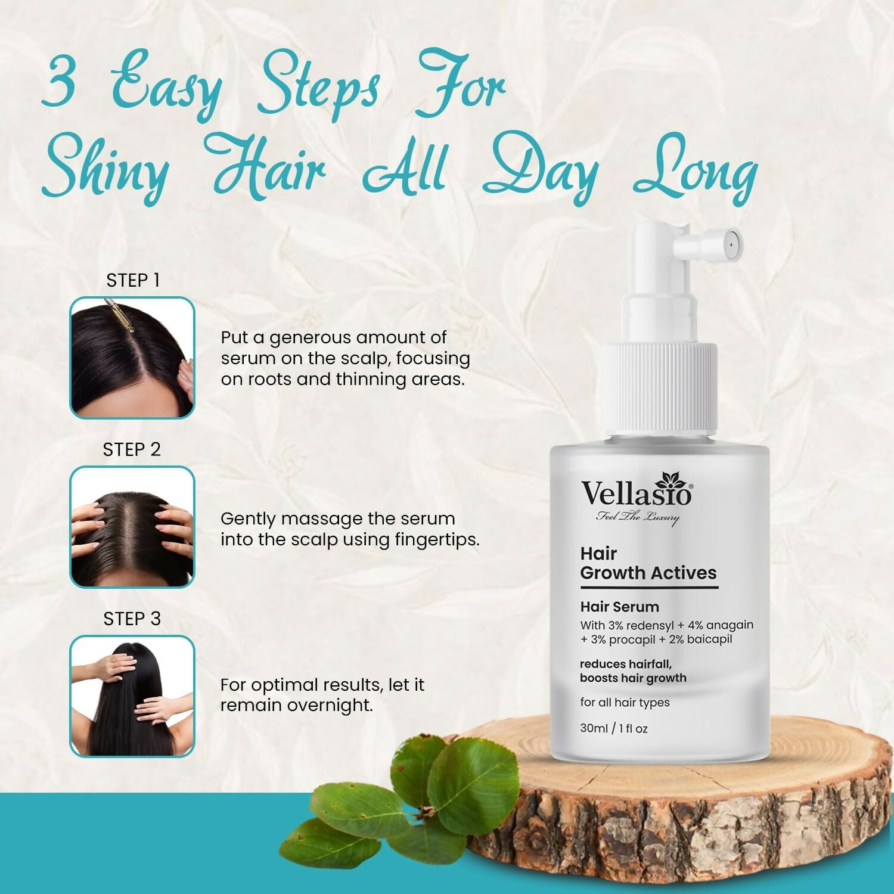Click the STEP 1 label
click(x=133, y=280)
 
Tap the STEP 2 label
click(x=132, y=449)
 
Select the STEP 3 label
click(x=132, y=619)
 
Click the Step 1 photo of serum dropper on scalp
click(x=132, y=358)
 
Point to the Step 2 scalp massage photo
click(x=132, y=527)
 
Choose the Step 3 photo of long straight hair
click(x=132, y=696)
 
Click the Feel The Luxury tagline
click(x=637, y=517)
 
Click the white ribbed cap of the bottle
click(x=658, y=387)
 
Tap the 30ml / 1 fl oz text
click(x=613, y=728)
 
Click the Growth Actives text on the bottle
click(x=648, y=573)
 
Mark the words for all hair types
click(x=625, y=702)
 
